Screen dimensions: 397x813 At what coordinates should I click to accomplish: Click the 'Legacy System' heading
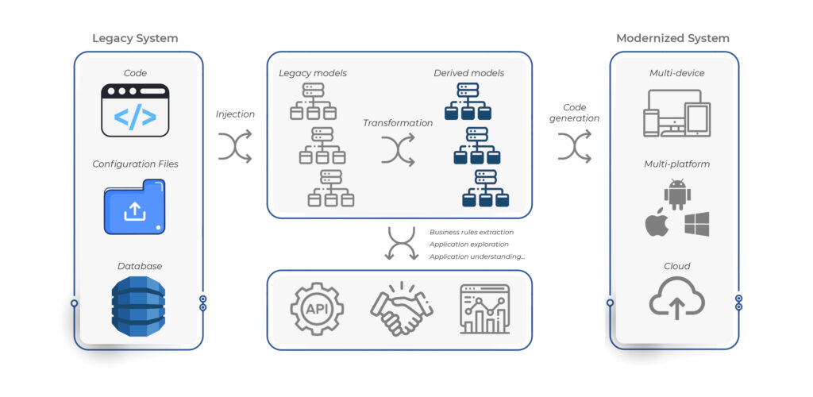(135, 38)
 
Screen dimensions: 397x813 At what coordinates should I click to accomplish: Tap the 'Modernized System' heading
(672, 38)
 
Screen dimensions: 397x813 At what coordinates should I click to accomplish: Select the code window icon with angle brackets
(135, 110)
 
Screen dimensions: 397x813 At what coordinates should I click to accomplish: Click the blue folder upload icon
(135, 207)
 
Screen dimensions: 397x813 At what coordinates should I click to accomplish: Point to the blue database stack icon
(137, 305)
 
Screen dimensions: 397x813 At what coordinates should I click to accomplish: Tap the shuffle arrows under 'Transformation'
(398, 150)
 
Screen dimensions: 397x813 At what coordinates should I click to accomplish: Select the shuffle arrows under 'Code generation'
(574, 147)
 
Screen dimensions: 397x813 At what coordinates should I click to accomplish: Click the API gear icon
(318, 308)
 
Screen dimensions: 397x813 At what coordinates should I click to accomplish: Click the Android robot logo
(676, 195)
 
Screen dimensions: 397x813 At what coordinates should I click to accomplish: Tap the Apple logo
(656, 225)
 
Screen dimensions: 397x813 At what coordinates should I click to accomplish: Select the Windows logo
(696, 224)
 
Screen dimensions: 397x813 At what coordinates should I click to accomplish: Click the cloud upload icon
(676, 300)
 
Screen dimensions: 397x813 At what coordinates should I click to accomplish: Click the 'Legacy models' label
(313, 73)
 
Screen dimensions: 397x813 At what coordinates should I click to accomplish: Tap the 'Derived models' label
(468, 73)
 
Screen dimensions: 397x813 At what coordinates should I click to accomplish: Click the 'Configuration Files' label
(135, 164)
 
